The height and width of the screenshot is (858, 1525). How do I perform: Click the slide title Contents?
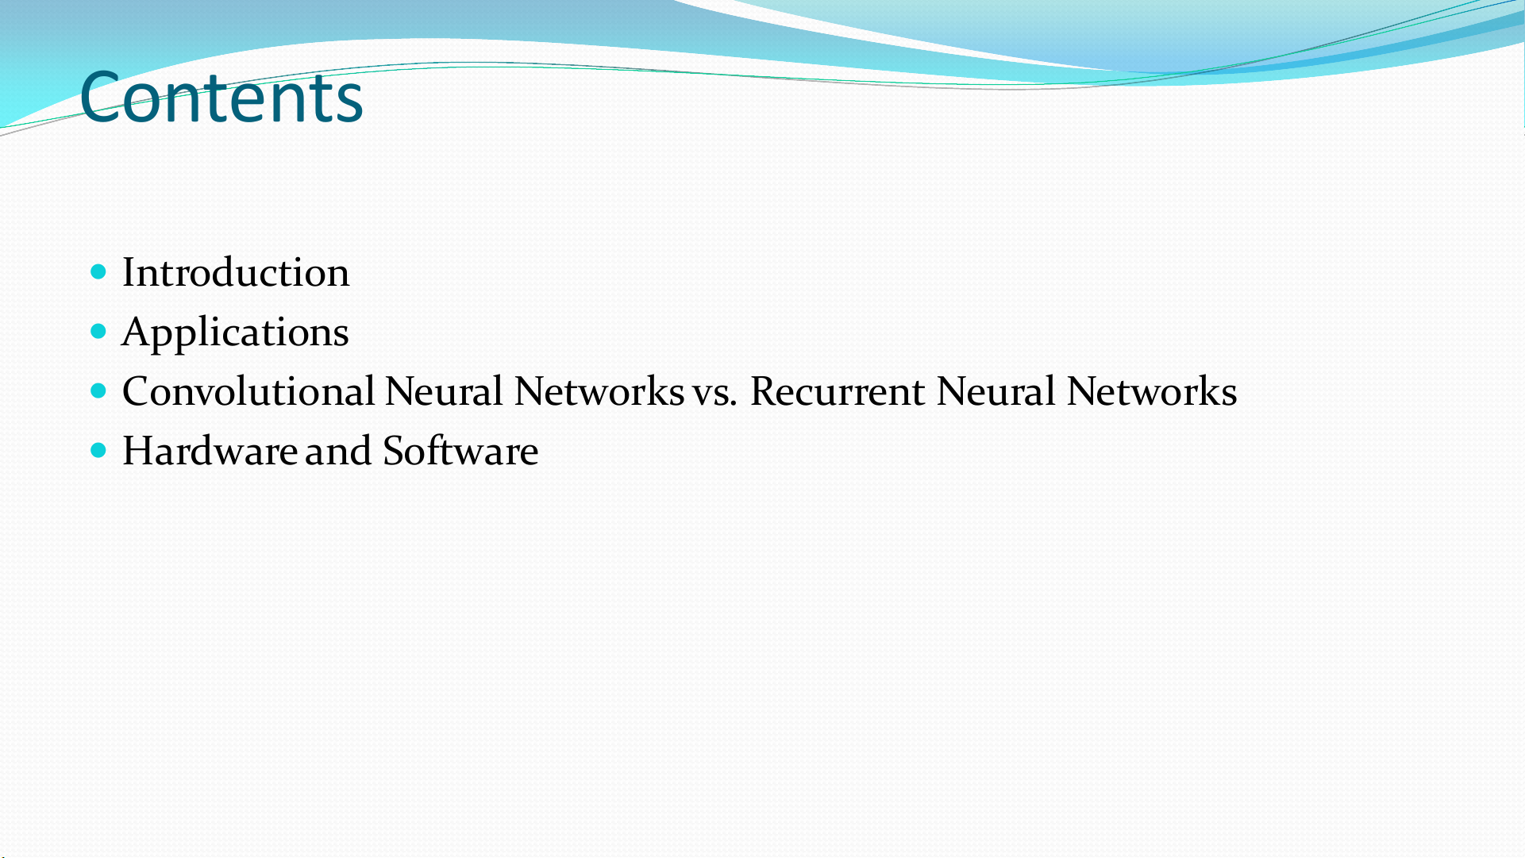[x=221, y=97]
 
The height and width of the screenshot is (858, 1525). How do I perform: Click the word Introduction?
[x=236, y=272]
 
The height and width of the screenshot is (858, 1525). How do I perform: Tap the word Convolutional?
[x=248, y=391]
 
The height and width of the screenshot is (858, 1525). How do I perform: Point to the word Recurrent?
[x=838, y=391]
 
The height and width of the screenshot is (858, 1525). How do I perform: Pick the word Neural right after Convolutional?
[x=444, y=391]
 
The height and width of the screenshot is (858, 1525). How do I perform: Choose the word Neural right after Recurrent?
[x=995, y=391]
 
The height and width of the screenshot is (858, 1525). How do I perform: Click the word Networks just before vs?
[x=599, y=391]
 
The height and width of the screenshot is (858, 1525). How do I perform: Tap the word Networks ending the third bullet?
[x=1152, y=391]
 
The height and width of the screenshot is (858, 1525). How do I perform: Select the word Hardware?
[x=210, y=451]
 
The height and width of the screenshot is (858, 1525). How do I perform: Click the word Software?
[x=460, y=451]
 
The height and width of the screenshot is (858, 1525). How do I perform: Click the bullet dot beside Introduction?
[x=98, y=272]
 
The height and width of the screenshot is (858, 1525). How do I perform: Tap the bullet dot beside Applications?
[x=98, y=332]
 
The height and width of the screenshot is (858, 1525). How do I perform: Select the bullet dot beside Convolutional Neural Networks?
[x=98, y=391]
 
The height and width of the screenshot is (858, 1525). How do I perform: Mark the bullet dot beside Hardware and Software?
[x=98, y=451]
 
